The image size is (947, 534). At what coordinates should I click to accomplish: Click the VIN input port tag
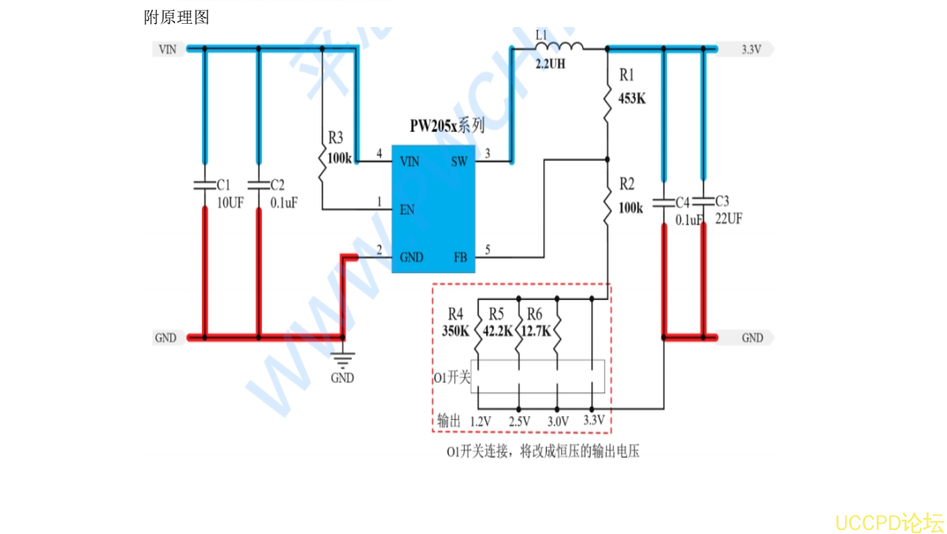168,49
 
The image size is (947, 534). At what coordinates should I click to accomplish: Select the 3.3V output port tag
751,49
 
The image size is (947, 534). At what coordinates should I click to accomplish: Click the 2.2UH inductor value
551,64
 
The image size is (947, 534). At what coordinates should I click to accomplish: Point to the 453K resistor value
633,99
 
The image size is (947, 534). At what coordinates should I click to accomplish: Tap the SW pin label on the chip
459,162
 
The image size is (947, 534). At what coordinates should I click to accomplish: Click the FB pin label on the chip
460,257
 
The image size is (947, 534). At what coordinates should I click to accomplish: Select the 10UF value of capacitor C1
230,203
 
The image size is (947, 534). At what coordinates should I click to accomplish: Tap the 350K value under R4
455,332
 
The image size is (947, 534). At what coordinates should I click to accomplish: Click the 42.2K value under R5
497,332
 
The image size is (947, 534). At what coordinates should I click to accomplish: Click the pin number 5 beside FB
487,249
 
